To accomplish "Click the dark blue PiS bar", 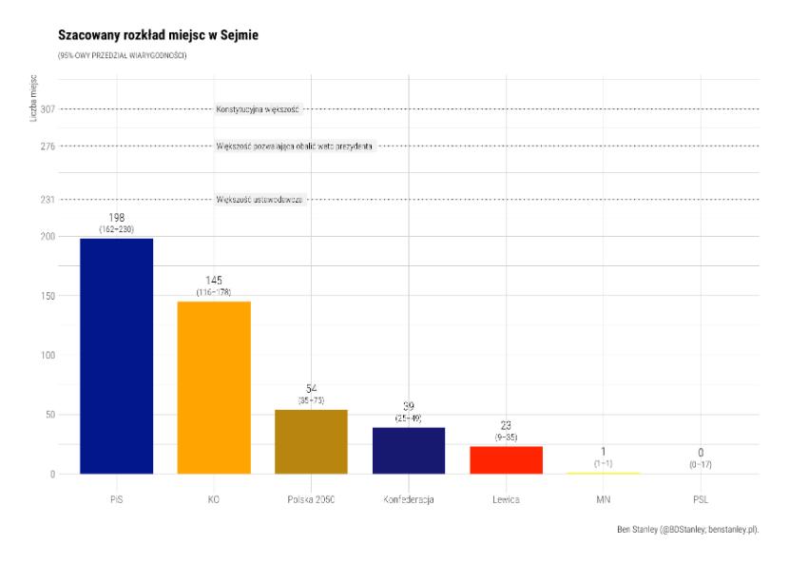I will (116, 355).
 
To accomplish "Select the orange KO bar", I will (213, 387).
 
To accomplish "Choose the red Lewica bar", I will (506, 459).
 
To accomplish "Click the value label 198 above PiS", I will (117, 218).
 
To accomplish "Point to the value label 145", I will (214, 281).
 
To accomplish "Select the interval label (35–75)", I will (311, 400).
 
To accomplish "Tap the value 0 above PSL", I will (701, 453).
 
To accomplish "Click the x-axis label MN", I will (603, 498).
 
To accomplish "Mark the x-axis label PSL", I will (701, 498).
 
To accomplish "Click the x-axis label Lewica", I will (506, 498).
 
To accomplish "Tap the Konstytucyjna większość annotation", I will (258, 109).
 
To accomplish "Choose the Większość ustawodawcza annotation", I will (260, 200).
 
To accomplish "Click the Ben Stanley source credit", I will (693, 528).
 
